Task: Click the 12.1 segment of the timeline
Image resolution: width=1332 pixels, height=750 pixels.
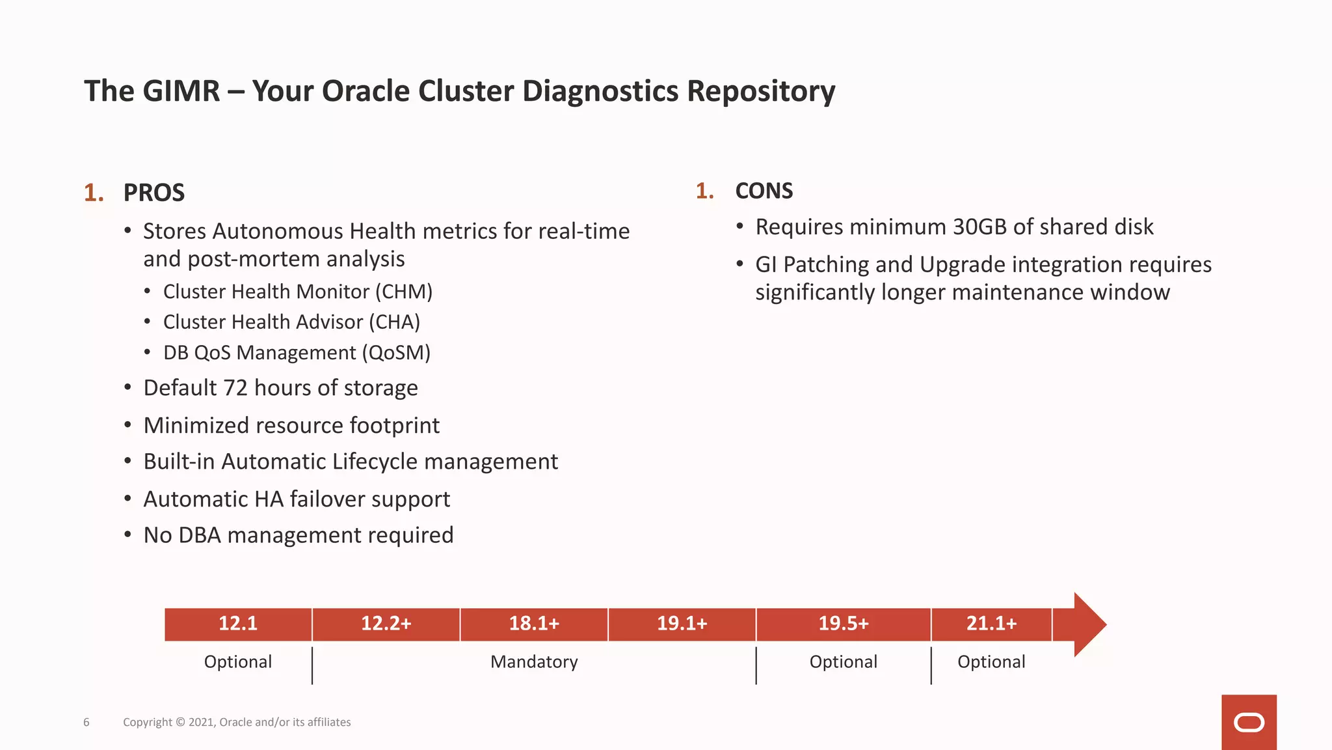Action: click(238, 624)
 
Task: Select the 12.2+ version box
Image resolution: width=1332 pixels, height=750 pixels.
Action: click(386, 624)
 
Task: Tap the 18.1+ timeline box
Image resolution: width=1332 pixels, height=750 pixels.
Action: click(534, 624)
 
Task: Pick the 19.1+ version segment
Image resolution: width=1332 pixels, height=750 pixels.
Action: click(682, 624)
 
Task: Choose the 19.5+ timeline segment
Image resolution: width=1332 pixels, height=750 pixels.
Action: click(843, 624)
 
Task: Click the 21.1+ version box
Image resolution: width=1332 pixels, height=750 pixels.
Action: click(991, 624)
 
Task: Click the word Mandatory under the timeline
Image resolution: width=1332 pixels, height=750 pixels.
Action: click(534, 662)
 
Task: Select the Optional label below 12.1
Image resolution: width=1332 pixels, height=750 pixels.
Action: click(238, 662)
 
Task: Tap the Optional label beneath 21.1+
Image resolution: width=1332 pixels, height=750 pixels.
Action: click(991, 662)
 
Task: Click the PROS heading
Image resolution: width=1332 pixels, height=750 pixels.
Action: click(154, 193)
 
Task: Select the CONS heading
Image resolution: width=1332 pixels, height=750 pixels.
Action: click(764, 191)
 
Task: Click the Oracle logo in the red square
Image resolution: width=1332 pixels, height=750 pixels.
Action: click(1249, 723)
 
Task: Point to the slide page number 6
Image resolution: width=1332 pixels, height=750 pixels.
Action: click(87, 722)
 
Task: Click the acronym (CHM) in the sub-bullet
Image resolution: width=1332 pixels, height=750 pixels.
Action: click(404, 292)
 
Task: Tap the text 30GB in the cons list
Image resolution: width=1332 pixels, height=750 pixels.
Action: click(979, 227)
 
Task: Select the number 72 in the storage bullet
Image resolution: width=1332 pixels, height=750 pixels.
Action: click(235, 388)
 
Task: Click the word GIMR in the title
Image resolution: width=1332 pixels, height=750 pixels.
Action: click(181, 91)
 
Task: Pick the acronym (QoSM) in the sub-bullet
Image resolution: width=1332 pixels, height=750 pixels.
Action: click(397, 353)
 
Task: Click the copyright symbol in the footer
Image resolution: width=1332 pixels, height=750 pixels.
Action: click(181, 722)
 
